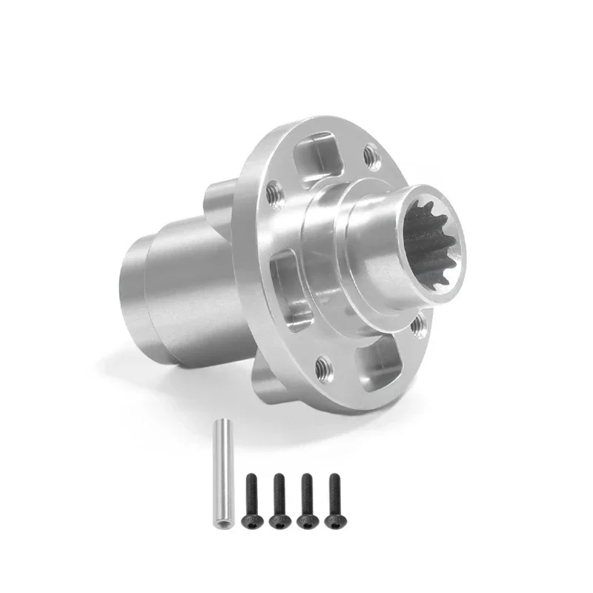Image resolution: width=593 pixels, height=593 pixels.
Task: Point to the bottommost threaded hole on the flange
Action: [323, 365]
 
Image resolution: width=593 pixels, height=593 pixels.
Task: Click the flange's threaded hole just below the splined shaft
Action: [419, 323]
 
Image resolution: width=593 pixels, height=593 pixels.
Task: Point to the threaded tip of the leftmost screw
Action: [251, 480]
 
